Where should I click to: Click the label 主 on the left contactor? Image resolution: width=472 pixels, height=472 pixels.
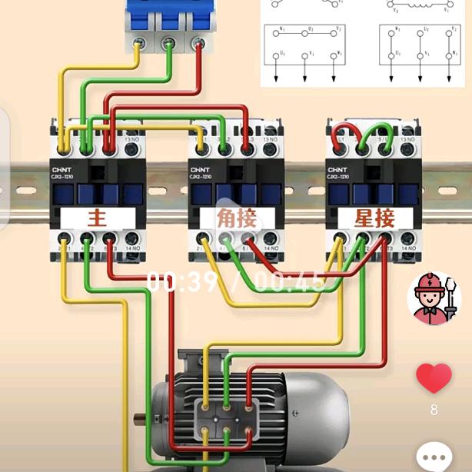pyautogui.click(x=97, y=218)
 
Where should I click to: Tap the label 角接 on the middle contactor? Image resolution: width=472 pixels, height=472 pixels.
pyautogui.click(x=236, y=218)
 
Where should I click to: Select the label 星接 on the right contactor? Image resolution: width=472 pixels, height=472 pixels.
pyautogui.click(x=374, y=218)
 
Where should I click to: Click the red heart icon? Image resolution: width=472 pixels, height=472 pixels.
pyautogui.click(x=434, y=378)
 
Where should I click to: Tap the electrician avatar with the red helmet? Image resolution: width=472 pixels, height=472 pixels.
pyautogui.click(x=434, y=297)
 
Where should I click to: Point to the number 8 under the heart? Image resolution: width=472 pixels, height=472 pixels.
pyautogui.click(x=434, y=410)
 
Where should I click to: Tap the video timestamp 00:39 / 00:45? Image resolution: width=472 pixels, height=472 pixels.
pyautogui.click(x=235, y=282)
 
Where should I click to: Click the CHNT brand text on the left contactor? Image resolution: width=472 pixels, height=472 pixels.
pyautogui.click(x=61, y=169)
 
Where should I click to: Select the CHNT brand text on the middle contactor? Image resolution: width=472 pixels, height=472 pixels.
pyautogui.click(x=199, y=169)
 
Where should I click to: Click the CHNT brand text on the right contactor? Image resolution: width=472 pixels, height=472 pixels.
pyautogui.click(x=337, y=169)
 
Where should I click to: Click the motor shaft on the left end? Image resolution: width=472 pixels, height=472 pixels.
pyautogui.click(x=141, y=418)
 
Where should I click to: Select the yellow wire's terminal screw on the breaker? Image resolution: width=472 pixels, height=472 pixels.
pyautogui.click(x=138, y=44)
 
